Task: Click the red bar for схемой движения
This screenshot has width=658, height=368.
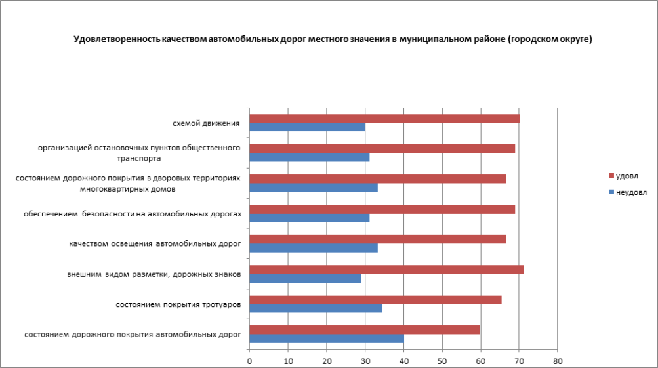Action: tap(384, 119)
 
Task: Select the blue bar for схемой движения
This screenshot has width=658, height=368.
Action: tap(307, 127)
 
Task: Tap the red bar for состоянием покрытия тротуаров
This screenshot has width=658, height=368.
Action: tap(375, 300)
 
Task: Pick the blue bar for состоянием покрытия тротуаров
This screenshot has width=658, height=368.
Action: tap(316, 308)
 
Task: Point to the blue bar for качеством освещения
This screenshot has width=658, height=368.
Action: tap(314, 248)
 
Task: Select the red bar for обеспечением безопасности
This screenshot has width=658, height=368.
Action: tap(382, 209)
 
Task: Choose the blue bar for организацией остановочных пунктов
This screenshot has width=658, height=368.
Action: tap(309, 157)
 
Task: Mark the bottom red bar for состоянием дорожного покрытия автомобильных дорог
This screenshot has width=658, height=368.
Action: tap(364, 330)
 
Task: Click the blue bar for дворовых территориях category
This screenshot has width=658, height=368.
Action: tap(314, 188)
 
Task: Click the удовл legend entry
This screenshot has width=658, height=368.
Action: tap(627, 176)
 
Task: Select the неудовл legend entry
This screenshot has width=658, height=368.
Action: tap(630, 192)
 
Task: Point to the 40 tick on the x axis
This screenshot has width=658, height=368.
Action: tap(403, 361)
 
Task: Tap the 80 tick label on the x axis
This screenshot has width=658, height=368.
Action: tap(557, 361)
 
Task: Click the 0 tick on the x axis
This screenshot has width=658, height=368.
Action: tap(249, 361)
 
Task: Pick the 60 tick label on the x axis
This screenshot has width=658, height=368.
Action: tap(480, 361)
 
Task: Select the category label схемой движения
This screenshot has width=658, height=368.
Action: tap(205, 123)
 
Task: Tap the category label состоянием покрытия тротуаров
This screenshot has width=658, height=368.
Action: tap(178, 304)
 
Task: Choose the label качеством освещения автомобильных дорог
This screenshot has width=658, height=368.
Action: tap(155, 243)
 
